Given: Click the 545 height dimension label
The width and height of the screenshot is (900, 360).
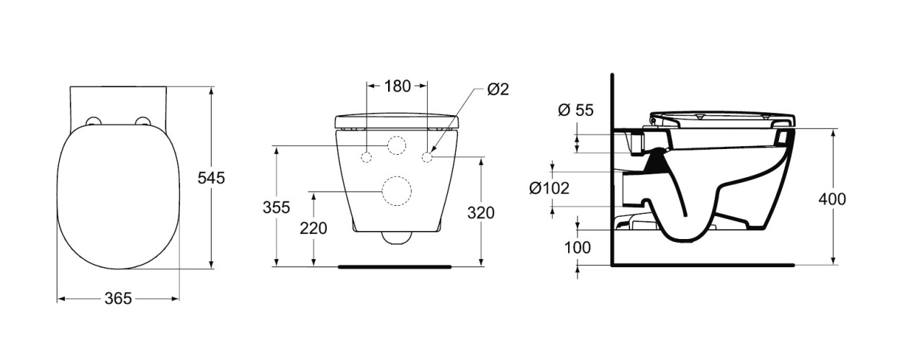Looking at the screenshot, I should click(212, 178).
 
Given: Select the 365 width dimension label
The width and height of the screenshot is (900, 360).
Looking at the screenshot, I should click(118, 298).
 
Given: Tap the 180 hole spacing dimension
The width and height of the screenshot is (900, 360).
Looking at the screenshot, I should click(397, 86).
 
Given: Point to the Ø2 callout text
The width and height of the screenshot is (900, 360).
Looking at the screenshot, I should click(498, 89).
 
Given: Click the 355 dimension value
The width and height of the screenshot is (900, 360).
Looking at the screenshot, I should click(276, 207).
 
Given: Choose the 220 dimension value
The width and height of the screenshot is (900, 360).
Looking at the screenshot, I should click(314, 228).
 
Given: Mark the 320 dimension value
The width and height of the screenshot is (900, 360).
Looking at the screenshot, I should click(480, 212).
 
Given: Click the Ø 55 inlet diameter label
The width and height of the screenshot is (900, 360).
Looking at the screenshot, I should click(575, 110).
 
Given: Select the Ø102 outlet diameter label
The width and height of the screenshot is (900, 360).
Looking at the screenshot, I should click(549, 188).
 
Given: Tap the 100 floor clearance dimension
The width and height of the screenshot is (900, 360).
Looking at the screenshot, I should click(577, 248).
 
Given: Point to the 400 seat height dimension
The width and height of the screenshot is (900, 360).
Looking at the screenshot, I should click(832, 199).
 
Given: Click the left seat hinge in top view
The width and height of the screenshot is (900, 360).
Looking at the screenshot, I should click(92, 121).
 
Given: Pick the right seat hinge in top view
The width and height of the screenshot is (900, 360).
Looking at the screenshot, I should click(143, 121).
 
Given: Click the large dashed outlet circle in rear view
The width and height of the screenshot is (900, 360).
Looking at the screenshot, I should click(396, 191).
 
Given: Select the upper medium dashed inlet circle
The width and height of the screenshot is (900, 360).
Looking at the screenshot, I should click(396, 146).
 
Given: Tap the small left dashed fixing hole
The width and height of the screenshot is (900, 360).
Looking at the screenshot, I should click(366, 157).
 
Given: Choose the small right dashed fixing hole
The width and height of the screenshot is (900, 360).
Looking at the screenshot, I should click(427, 156).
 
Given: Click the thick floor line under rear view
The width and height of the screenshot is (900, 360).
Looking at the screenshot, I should click(395, 266).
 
